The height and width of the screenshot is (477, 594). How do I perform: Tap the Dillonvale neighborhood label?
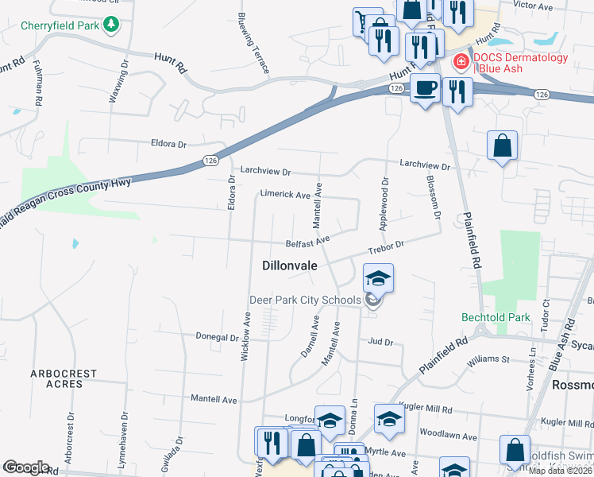[x=290, y=267]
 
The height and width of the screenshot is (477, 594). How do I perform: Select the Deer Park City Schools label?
[x=306, y=300]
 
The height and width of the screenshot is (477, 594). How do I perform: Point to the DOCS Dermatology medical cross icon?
[x=460, y=62]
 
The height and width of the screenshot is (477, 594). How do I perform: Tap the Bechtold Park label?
[x=496, y=317]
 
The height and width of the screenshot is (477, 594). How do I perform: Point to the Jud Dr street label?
[x=380, y=342]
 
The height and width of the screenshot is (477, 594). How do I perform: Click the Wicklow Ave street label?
[x=245, y=336]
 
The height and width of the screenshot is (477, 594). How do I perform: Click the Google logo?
[x=25, y=467]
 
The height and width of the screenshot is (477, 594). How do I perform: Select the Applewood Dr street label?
[x=385, y=203]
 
